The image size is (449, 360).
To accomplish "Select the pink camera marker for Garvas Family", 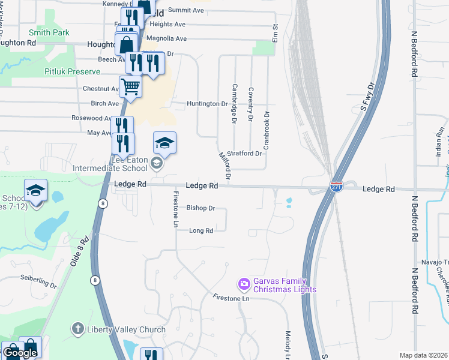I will point(244,283).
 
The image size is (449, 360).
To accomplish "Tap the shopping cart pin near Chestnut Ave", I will point(130,87).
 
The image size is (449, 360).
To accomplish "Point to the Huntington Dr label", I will point(208,104).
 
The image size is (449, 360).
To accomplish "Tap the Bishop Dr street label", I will point(200,208).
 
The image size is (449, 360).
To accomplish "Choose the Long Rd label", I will point(201,230).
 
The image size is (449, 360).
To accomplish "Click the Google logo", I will point(20,353).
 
